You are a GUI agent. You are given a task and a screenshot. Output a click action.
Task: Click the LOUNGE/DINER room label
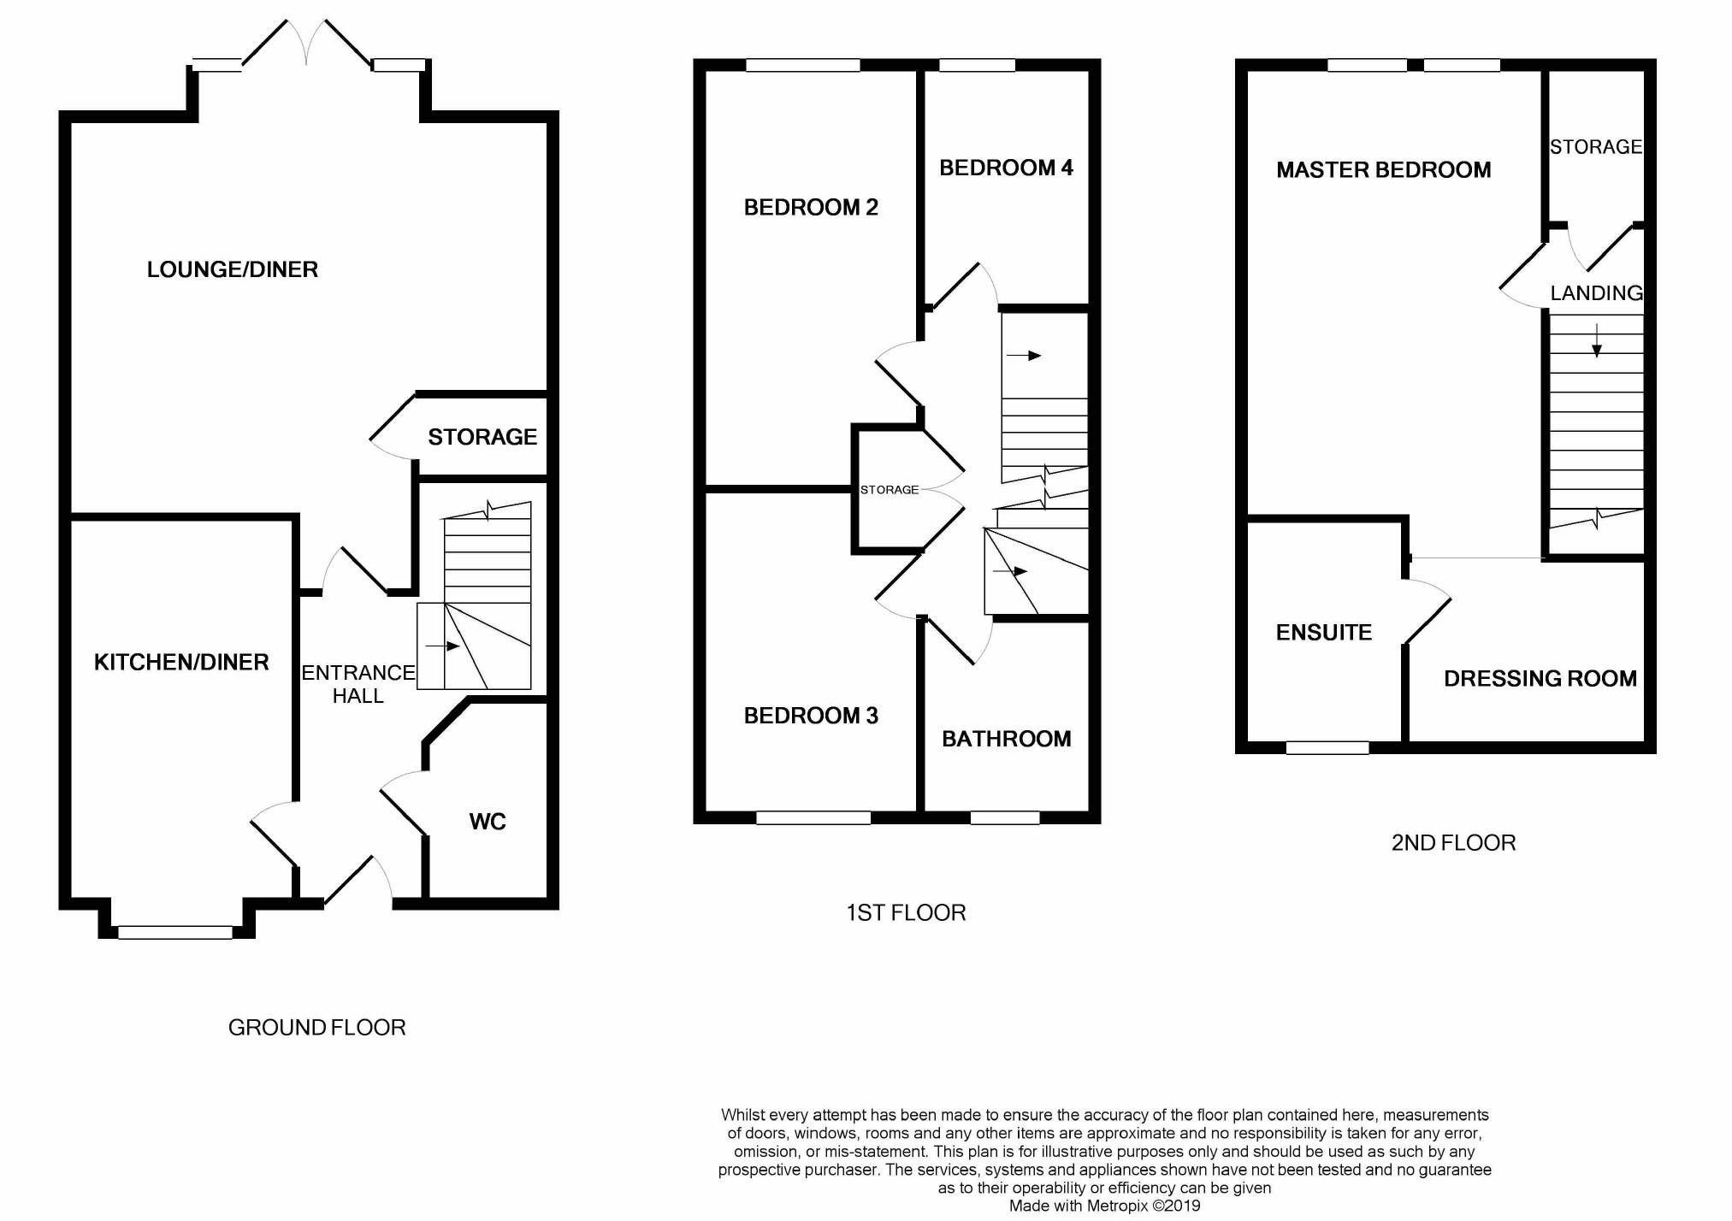click(x=233, y=269)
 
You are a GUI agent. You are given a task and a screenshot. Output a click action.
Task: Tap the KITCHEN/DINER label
click(x=181, y=662)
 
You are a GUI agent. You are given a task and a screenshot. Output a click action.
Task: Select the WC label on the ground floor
click(x=488, y=822)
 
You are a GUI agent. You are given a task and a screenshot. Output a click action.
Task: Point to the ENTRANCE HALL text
click(x=358, y=684)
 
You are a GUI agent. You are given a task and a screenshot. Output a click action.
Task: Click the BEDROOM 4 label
click(x=1006, y=168)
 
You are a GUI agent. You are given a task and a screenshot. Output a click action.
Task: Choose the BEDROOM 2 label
click(x=811, y=207)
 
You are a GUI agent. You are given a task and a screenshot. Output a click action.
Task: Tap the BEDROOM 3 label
click(x=811, y=716)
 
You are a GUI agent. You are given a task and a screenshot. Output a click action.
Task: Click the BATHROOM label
click(x=1007, y=739)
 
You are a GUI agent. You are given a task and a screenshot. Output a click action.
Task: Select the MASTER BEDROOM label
click(x=1384, y=170)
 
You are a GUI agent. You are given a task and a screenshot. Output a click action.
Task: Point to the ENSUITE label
click(x=1324, y=633)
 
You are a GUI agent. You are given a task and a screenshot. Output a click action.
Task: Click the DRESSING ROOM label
click(x=1540, y=679)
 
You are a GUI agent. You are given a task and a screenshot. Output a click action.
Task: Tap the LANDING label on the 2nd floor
click(x=1597, y=293)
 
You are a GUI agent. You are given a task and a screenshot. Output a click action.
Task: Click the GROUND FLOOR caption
click(x=317, y=1028)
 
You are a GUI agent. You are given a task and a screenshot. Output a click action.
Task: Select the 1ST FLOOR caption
click(x=907, y=913)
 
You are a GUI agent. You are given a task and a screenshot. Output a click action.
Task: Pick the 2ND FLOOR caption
click(x=1454, y=843)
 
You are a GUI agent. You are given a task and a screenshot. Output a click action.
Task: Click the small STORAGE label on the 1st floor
click(x=890, y=490)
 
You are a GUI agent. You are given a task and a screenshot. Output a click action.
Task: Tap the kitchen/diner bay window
click(x=175, y=933)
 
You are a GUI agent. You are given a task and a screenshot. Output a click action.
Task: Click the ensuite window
click(x=1327, y=748)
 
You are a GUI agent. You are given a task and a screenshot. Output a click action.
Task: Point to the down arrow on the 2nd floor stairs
click(x=1597, y=340)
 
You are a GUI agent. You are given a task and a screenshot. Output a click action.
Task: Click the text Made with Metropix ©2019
click(x=1105, y=1206)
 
